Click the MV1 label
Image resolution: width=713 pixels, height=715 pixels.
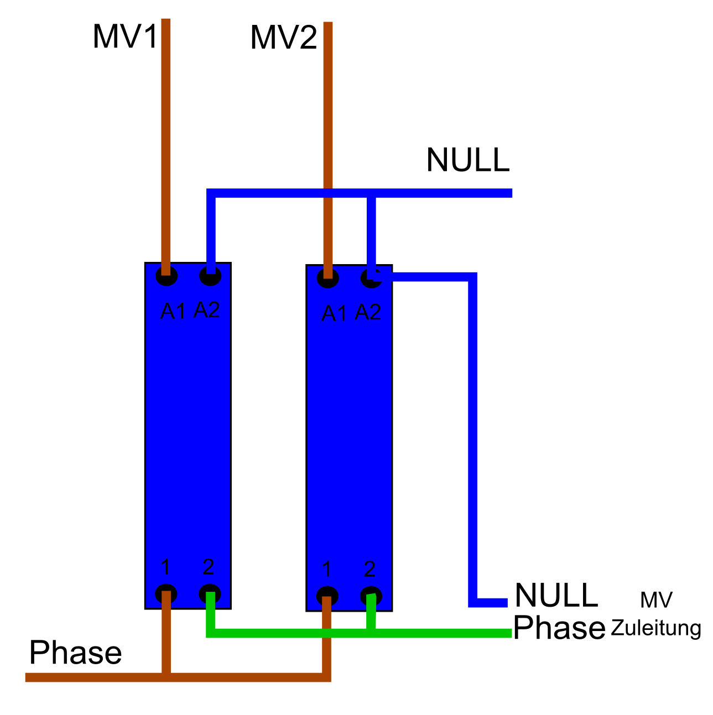tap(125, 37)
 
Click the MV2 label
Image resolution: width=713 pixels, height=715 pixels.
tap(284, 39)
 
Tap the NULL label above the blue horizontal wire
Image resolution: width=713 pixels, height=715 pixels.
tap(468, 160)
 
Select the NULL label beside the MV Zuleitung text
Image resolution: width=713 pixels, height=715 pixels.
tap(556, 595)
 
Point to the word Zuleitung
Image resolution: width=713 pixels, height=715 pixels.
tap(656, 628)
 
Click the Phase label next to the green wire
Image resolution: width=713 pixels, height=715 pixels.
tap(559, 628)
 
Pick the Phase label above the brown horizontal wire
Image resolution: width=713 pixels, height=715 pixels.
tap(75, 653)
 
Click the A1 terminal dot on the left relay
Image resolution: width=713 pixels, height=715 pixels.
tap(166, 276)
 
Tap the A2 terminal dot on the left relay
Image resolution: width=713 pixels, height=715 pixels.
tap(210, 276)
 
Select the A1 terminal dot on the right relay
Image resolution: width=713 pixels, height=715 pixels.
tap(327, 277)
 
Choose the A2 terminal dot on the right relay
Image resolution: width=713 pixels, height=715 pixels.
tap(371, 278)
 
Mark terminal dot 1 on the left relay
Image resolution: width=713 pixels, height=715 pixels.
tap(166, 594)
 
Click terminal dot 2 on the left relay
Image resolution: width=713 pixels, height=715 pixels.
tap(210, 594)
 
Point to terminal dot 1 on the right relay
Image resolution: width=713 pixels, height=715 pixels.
tap(327, 596)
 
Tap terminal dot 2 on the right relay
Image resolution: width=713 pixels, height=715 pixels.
tap(371, 596)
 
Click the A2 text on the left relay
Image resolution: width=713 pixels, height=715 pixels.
tap(207, 311)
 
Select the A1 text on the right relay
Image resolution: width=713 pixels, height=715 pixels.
tap(334, 314)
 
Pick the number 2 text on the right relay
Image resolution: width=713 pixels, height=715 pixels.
tap(370, 569)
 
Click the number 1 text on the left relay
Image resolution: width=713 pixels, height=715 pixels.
tap(165, 567)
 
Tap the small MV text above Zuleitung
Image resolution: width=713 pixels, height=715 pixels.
tap(656, 600)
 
